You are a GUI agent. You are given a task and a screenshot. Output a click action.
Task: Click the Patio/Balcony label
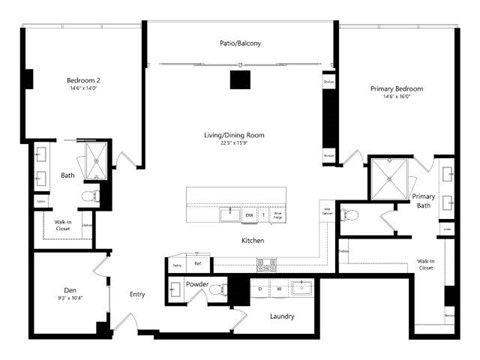(x=240, y=44)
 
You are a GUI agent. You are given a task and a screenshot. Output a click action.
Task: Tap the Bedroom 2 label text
(x=84, y=81)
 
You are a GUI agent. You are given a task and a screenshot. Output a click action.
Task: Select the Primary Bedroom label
(x=391, y=89)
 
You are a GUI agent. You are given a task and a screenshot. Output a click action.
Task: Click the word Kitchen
(x=252, y=241)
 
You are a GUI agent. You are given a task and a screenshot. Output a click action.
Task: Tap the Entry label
(x=138, y=294)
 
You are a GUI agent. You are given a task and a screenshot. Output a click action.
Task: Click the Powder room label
(x=196, y=284)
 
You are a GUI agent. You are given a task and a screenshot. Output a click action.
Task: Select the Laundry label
(x=281, y=316)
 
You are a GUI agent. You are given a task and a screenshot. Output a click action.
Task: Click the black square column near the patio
(x=239, y=80)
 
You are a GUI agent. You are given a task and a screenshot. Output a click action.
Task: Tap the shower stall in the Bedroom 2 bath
(x=96, y=159)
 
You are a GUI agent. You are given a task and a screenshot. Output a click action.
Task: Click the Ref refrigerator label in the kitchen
(x=198, y=265)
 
